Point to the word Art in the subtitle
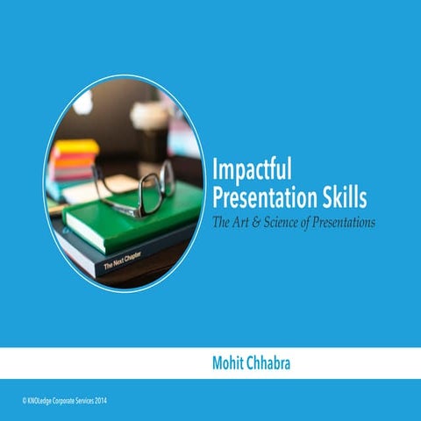click(241, 223)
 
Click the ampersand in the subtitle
click(258, 223)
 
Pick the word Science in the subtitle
click(285, 223)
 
